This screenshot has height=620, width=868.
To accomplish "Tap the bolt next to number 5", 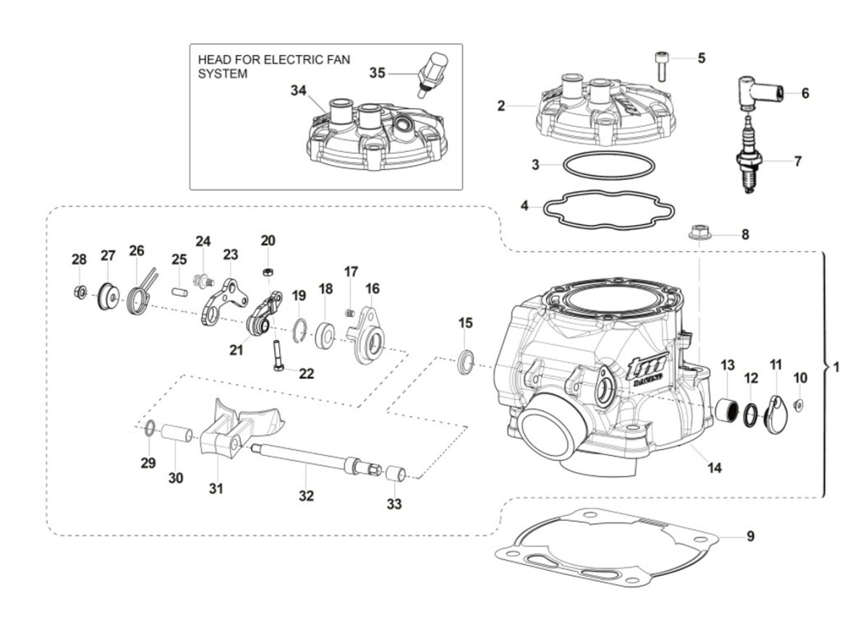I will pyautogui.click(x=661, y=66).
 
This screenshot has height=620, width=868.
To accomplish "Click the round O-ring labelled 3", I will pyautogui.click(x=605, y=165).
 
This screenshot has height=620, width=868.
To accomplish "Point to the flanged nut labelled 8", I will pyautogui.click(x=698, y=234).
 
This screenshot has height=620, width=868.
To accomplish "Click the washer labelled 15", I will pyautogui.click(x=467, y=361).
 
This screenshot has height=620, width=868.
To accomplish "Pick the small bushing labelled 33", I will pyautogui.click(x=395, y=475).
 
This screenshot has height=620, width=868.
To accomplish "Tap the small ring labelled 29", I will pyautogui.click(x=148, y=428).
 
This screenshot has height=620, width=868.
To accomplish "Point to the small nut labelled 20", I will pyautogui.click(x=268, y=271).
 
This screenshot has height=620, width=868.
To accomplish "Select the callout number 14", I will pyautogui.click(x=714, y=468).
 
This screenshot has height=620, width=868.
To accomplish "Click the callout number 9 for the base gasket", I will pyautogui.click(x=750, y=536).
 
